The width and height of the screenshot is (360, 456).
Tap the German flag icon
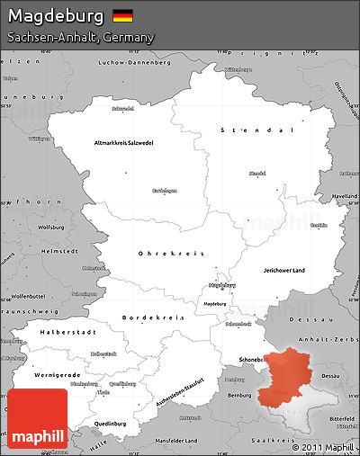click(123, 16)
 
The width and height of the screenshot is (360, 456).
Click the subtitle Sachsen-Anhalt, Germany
click(80, 38)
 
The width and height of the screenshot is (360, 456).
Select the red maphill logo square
click(37, 418)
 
